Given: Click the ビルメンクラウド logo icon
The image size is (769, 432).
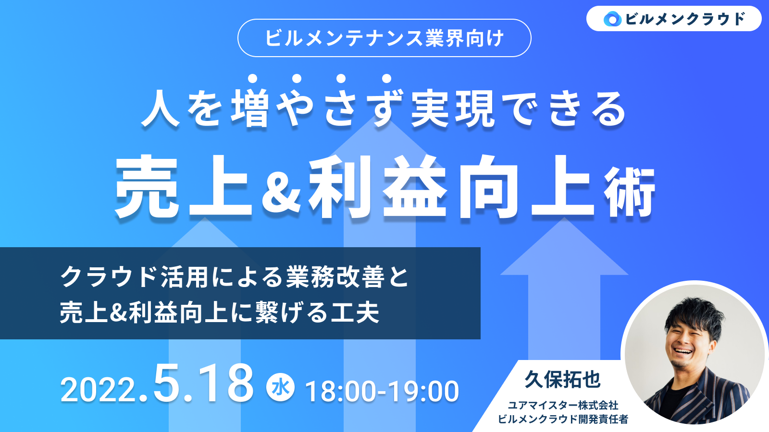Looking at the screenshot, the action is (x=612, y=19).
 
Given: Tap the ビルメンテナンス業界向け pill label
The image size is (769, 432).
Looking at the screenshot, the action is (x=384, y=38).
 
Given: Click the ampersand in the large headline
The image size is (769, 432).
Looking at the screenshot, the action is (x=281, y=190).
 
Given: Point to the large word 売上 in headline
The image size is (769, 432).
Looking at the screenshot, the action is (x=184, y=186).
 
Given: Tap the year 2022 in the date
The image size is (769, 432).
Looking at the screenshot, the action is (x=99, y=391).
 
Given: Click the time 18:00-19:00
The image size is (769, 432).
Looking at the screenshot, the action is (x=382, y=391).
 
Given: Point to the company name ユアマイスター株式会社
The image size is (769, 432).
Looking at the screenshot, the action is (x=563, y=406).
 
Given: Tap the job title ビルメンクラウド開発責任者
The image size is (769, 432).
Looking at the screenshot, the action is (x=563, y=419).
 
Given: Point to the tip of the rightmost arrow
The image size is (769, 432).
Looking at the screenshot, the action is (x=564, y=217).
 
